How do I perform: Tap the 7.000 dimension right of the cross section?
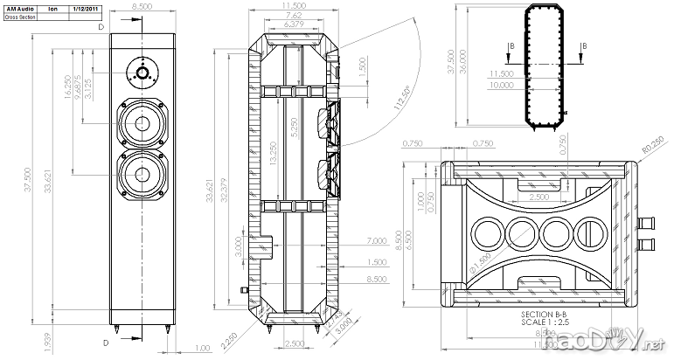coord(378,240)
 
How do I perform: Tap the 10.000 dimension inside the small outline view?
coord(501,86)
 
